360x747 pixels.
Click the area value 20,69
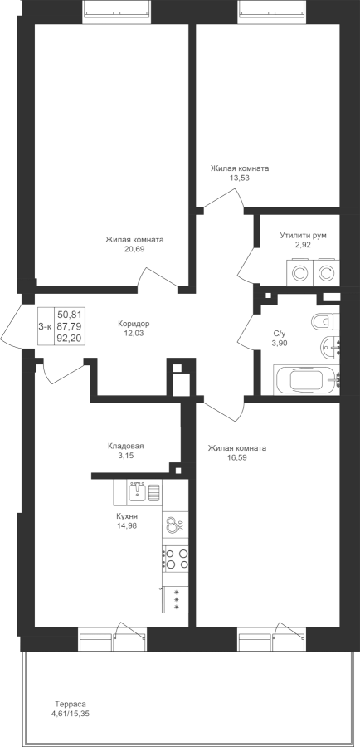pyautogui.click(x=134, y=248)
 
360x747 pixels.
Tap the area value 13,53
pyautogui.click(x=241, y=178)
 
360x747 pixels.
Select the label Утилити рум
pyautogui.click(x=304, y=236)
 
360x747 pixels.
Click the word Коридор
pyautogui.click(x=134, y=324)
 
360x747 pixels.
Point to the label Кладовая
pyautogui.click(x=126, y=447)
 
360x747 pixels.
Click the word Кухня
pyautogui.click(x=126, y=516)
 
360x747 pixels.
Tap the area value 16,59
pyautogui.click(x=237, y=457)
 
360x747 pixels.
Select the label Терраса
pyautogui.click(x=70, y=704)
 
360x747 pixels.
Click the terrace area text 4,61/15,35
pyautogui.click(x=71, y=714)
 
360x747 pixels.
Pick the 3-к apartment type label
pyautogui.click(x=46, y=326)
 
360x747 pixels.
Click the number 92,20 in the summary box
pyautogui.click(x=70, y=338)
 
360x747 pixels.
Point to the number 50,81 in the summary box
pyautogui.click(x=70, y=314)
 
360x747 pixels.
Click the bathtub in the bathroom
pyautogui.click(x=307, y=380)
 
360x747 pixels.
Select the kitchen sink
pyautogui.click(x=137, y=491)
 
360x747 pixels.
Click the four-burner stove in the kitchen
pyautogui.click(x=175, y=559)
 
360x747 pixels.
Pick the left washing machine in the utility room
pyautogui.click(x=299, y=273)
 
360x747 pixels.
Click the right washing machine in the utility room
pyautogui.click(x=326, y=273)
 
